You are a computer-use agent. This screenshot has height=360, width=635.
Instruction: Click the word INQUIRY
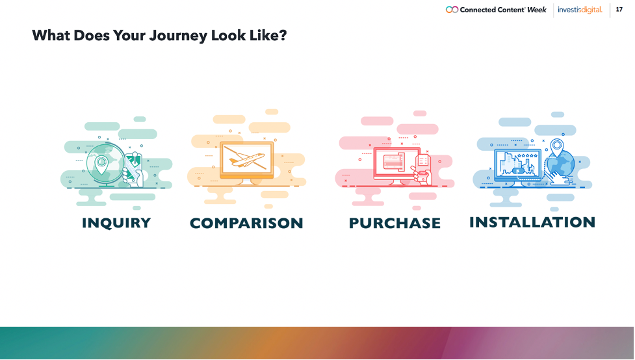coord(116,223)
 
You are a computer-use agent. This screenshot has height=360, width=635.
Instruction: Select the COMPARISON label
coord(246,223)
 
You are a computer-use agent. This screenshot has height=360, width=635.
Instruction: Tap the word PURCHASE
coord(395,223)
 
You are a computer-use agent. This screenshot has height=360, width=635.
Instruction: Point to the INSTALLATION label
coord(532,222)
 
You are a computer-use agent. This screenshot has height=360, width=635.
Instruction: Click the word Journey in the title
coord(178,36)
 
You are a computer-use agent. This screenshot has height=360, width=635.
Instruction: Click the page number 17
coord(619,9)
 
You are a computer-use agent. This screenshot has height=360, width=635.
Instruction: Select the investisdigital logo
coord(580,10)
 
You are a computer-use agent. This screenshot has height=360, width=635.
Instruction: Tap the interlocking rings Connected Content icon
coord(452,10)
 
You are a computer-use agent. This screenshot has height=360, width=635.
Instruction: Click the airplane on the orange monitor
coord(247,159)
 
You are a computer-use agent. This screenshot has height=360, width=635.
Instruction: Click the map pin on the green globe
coord(101,164)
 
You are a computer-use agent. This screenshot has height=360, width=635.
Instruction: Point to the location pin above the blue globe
coord(557,147)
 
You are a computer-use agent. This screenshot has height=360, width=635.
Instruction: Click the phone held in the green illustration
coord(133,167)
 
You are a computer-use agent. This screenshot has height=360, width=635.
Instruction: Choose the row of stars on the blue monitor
coord(528,155)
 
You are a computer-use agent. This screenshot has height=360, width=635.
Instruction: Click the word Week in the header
coord(537,10)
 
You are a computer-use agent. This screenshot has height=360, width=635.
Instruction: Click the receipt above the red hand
coord(423,159)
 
